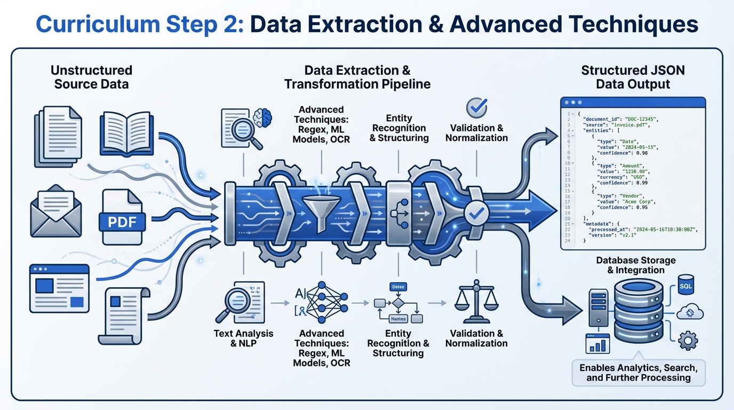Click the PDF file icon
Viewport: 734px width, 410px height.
pos(122,217)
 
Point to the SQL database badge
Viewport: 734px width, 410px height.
pos(686,286)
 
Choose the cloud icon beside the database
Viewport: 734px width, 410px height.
pos(689,313)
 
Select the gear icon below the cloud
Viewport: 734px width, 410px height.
pos(688,340)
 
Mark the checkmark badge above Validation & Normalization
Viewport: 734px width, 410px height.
pos(476,108)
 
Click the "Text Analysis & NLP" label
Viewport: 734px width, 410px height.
pos(243,338)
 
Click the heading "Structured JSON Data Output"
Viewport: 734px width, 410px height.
pos(633,77)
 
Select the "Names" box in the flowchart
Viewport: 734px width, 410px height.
pos(398,319)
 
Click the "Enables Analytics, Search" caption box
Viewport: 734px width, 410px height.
pos(638,373)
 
